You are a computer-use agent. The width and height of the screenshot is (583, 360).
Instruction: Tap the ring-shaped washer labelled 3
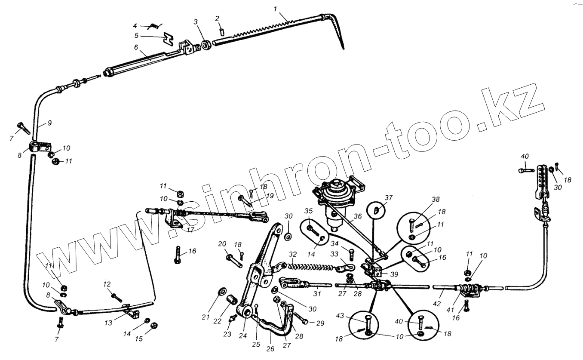(x=206, y=43)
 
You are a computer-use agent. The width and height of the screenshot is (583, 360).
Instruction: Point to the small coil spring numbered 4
(x=153, y=27)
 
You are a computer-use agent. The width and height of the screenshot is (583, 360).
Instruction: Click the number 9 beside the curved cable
(x=49, y=123)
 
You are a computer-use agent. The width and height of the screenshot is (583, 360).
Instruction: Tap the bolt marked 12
(x=116, y=298)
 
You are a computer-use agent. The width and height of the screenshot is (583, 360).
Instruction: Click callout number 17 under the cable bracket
(x=190, y=230)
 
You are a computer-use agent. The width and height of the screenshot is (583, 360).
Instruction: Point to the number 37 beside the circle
(x=389, y=197)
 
